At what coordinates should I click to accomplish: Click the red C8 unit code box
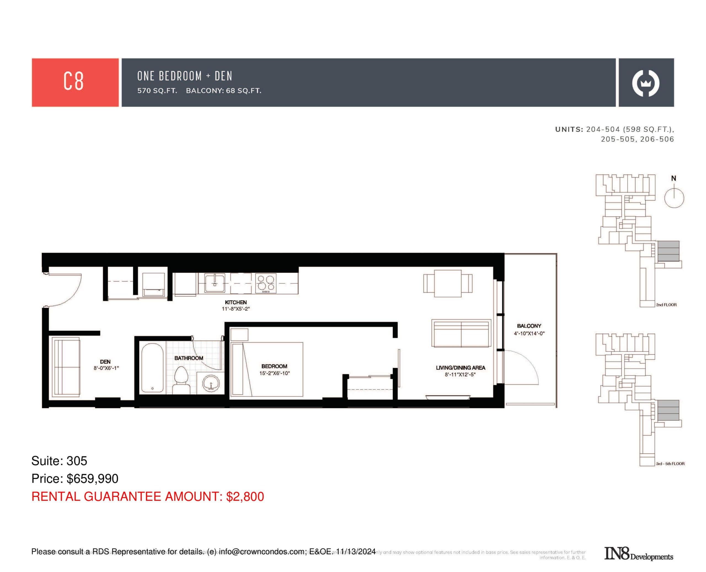[x=75, y=82]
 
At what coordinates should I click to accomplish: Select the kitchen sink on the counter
[x=215, y=283]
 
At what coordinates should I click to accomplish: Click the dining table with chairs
[x=447, y=283]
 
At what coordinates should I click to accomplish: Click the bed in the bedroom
[x=267, y=369]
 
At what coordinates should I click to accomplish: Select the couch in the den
[x=66, y=367]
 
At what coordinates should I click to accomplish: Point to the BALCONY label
[x=529, y=326]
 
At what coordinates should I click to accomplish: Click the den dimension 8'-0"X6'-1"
[x=106, y=368]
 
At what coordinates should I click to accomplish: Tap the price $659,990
[x=92, y=479]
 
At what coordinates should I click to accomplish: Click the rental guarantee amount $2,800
[x=245, y=496]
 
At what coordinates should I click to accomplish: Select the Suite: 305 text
[x=59, y=461]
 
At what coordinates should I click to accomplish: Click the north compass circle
[x=674, y=198]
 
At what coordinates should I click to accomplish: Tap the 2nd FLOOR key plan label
[x=666, y=305]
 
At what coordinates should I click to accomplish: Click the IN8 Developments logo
[x=638, y=554]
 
